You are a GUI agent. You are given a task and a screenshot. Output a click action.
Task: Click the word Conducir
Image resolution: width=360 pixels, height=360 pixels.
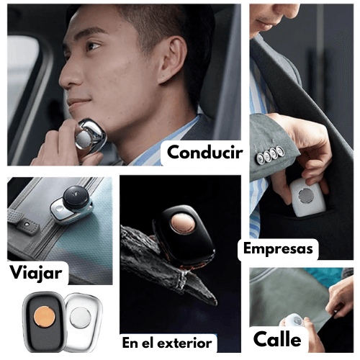point(204,153)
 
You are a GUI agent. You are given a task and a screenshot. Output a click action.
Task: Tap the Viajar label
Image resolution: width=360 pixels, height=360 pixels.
point(36,273)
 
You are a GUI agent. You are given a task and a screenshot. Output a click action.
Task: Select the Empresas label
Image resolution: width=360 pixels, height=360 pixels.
point(278,249)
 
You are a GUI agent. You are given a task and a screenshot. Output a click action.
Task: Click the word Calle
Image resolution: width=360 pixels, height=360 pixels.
point(277,339)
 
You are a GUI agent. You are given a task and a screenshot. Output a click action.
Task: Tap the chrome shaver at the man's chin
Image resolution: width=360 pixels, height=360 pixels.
point(90,135)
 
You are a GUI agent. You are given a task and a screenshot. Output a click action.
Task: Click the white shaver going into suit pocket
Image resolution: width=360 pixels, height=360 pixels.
point(307,197)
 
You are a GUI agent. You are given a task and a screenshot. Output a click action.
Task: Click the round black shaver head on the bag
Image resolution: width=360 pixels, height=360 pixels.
point(77,196)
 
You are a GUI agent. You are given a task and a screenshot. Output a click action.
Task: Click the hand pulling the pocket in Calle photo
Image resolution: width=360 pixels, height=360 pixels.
point(341,297)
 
